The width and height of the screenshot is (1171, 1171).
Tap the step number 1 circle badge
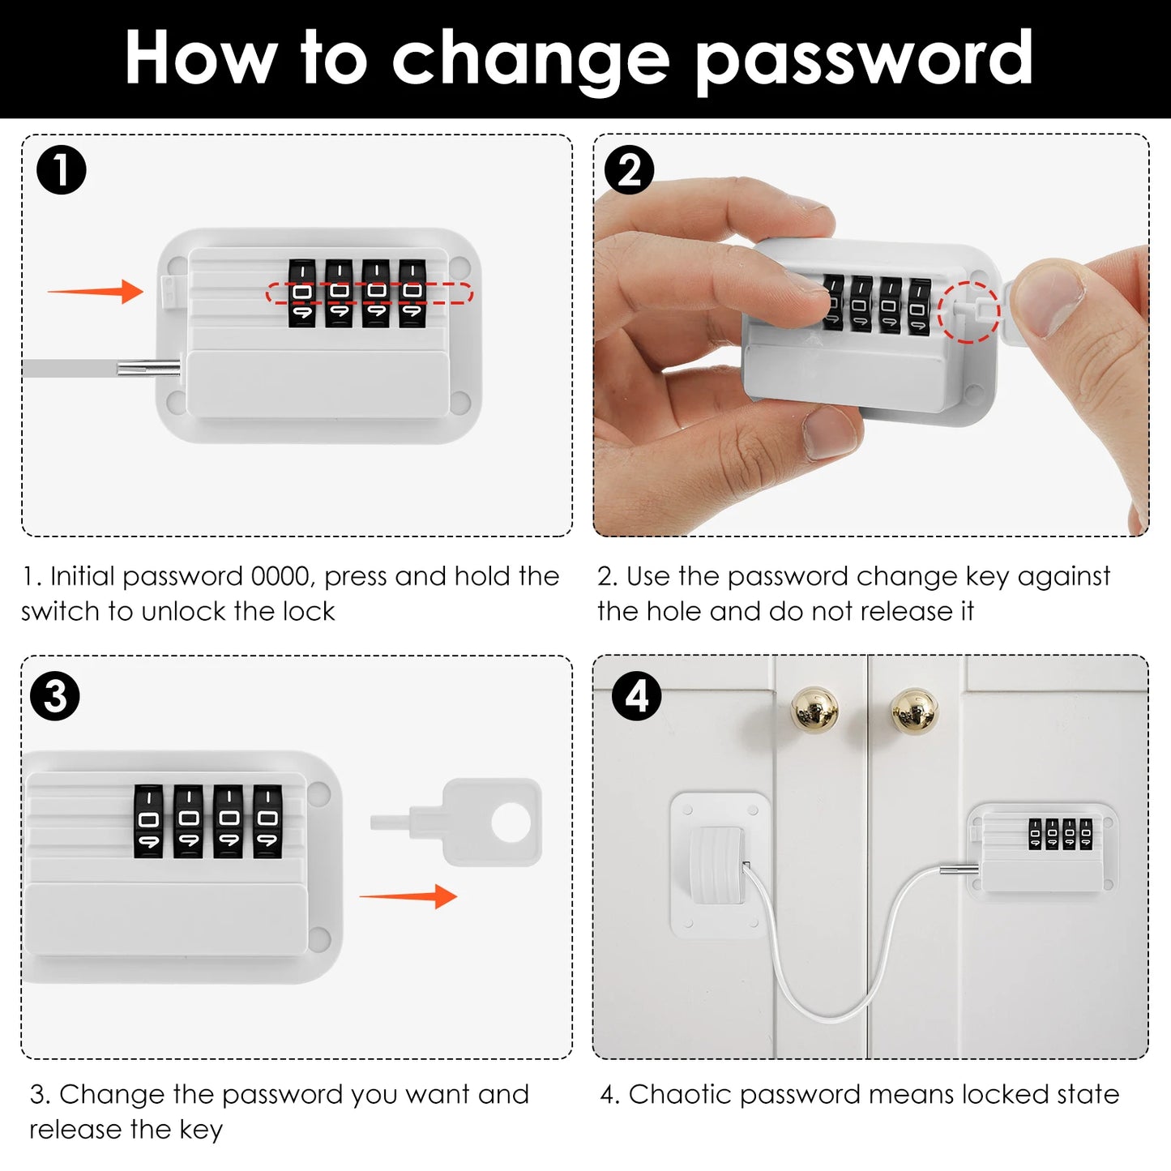(x=62, y=170)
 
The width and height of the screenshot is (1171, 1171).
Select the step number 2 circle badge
(x=630, y=170)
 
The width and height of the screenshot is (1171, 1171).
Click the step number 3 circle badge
(x=55, y=696)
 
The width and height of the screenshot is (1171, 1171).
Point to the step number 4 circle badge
(x=637, y=696)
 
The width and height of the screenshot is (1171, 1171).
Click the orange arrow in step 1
(x=96, y=291)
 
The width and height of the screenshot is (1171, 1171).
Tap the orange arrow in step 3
(x=408, y=896)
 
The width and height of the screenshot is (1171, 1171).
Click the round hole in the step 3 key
(x=511, y=822)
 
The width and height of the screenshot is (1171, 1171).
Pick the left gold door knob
(x=814, y=708)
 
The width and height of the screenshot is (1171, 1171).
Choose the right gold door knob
(x=914, y=711)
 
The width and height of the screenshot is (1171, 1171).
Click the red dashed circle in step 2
(x=968, y=312)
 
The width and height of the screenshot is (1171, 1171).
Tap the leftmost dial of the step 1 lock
(x=301, y=293)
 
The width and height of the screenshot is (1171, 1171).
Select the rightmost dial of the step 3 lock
(x=268, y=820)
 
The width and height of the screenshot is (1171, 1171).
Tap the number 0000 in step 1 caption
(x=280, y=576)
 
